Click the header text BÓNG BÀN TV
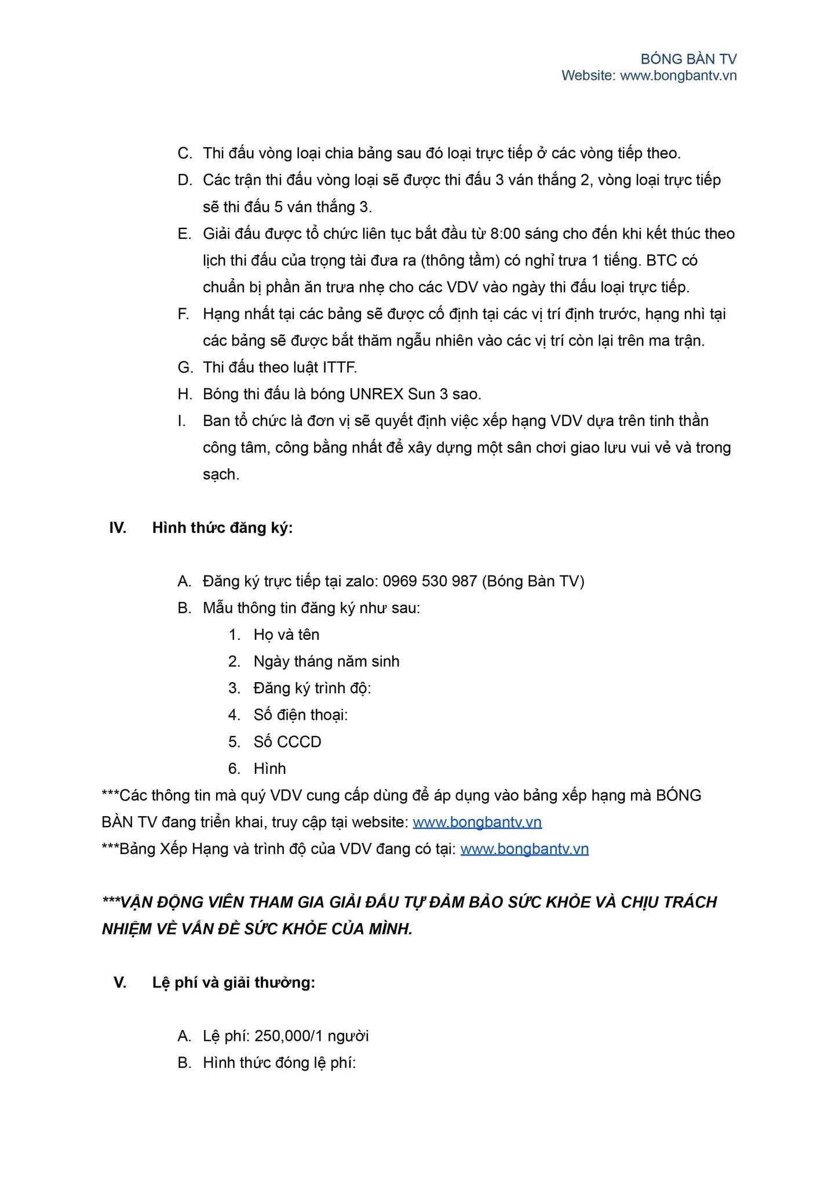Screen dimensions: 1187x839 coord(688,59)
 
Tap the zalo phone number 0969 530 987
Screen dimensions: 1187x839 coord(430,581)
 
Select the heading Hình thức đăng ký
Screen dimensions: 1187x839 coord(222,528)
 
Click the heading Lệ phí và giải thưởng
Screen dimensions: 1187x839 coord(234,982)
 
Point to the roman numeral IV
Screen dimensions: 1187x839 coord(118,528)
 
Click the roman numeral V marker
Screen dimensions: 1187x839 coord(120,982)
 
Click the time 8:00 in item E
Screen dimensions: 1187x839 coord(505,234)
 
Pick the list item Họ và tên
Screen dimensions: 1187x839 coord(286,635)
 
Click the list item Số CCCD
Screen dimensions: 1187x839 coord(287,742)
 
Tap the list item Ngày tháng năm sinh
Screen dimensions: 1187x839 coord(326,662)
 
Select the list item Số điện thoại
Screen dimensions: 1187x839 coord(300,715)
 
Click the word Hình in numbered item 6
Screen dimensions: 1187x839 coord(270,769)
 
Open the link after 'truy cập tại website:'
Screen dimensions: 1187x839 coord(477,822)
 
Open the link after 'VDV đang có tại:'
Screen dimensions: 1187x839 coord(524,849)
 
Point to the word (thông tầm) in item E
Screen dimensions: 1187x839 coord(459,261)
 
